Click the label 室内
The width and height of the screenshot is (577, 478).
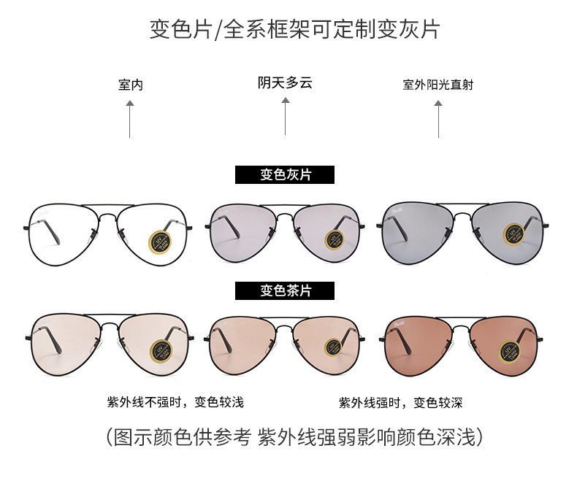pos(130,85)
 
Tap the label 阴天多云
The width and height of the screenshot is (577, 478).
pos(285,83)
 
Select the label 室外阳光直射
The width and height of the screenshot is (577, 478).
pos(438,85)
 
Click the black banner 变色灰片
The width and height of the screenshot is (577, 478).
pos(285,175)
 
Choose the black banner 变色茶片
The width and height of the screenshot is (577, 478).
pos(285,290)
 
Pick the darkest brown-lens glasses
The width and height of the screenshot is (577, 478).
pos(463,340)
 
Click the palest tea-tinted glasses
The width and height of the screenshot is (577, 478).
pos(107,339)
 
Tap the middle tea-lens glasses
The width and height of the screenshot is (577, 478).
pos(285,340)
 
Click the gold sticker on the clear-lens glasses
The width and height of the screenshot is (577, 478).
pos(161,242)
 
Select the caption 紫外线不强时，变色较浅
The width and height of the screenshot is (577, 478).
pos(175,402)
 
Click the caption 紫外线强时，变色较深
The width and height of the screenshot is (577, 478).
pos(400,402)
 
